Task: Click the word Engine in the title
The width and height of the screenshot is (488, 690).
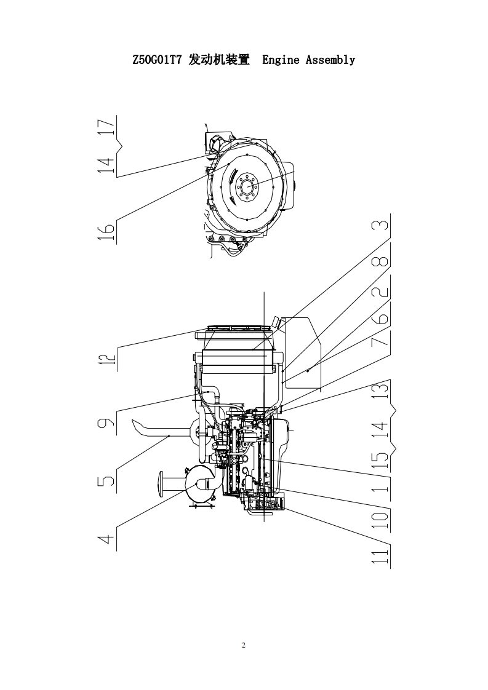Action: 281,60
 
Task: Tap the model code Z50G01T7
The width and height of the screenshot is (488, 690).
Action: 157,60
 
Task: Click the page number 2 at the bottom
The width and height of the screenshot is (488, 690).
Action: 244,645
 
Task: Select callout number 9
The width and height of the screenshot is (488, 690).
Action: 106,422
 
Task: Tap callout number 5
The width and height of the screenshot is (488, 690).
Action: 106,478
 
